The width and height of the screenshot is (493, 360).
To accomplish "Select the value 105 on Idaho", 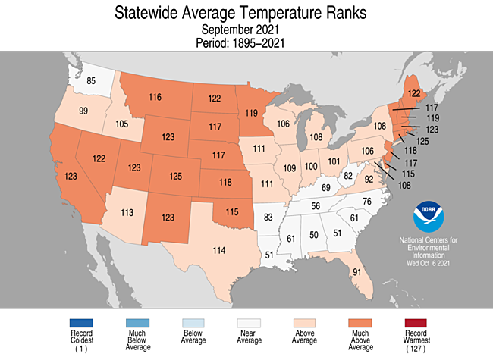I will [x=121, y=124].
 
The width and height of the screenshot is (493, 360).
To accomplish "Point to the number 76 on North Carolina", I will [x=366, y=201].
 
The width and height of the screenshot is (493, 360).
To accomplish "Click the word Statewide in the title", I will [x=151, y=13].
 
